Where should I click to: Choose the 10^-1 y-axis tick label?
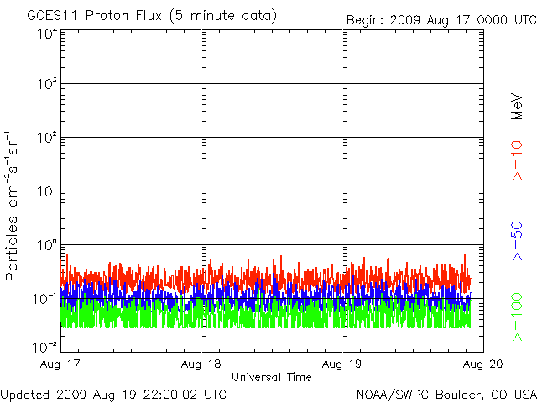45,299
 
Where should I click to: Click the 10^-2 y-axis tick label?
45,346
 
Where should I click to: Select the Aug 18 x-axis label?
202,364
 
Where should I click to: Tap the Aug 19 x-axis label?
341,364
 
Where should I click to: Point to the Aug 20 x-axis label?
482,364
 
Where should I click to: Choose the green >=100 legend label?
518,317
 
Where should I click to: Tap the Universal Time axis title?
272,377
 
